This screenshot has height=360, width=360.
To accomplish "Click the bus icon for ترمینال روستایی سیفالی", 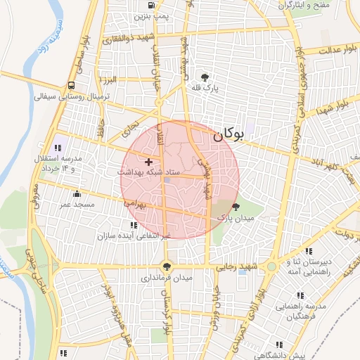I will point(72,86).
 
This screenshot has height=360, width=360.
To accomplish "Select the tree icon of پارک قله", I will point(205,77).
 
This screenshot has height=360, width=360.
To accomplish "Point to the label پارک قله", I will point(204,89).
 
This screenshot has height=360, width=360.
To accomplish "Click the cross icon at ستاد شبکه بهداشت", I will point(148,162).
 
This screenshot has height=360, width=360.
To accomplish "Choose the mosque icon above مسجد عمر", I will point(77,193).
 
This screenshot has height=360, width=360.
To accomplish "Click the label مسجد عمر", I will point(77,204).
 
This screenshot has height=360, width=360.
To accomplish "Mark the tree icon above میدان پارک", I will point(235,207).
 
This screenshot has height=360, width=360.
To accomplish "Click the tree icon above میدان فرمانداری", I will point(167,266).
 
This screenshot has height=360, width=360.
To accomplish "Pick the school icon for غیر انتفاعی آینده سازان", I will point(134,224).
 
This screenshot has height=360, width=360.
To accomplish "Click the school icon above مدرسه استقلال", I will point(57,148).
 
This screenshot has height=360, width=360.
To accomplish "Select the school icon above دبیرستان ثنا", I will point(309,251).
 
